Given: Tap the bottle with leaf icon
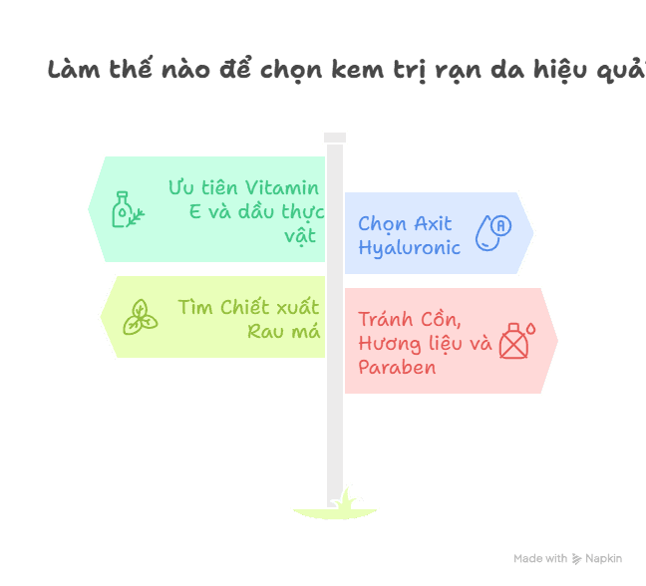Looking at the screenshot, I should (x=127, y=209).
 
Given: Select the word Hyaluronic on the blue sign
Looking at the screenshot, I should (x=409, y=247).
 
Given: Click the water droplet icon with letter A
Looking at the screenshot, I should (x=492, y=231).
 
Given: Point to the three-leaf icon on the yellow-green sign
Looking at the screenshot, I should (x=139, y=317).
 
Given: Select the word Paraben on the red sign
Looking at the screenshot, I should (x=397, y=367).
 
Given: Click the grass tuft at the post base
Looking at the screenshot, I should (x=343, y=503).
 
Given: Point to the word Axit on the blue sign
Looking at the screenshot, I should (x=434, y=223).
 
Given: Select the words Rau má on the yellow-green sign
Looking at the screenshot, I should (x=284, y=331).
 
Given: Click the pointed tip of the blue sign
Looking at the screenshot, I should (x=534, y=232).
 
